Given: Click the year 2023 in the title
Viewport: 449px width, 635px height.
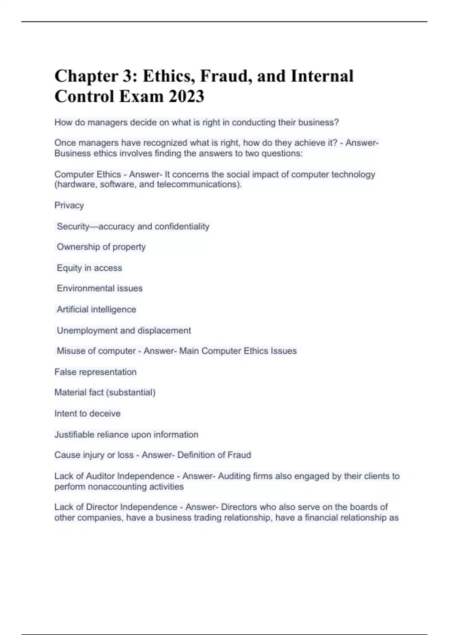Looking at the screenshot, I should click(x=186, y=96).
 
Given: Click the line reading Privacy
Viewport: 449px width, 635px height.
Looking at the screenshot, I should click(x=69, y=205).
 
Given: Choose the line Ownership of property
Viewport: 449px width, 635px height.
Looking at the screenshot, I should click(x=101, y=247).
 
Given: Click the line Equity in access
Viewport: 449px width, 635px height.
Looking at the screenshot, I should click(x=89, y=268).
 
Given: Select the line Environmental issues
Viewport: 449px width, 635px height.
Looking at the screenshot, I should click(x=100, y=288).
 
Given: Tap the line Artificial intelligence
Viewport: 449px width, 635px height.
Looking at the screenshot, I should click(x=97, y=309).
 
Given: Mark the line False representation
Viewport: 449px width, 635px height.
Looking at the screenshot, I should click(x=95, y=372).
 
